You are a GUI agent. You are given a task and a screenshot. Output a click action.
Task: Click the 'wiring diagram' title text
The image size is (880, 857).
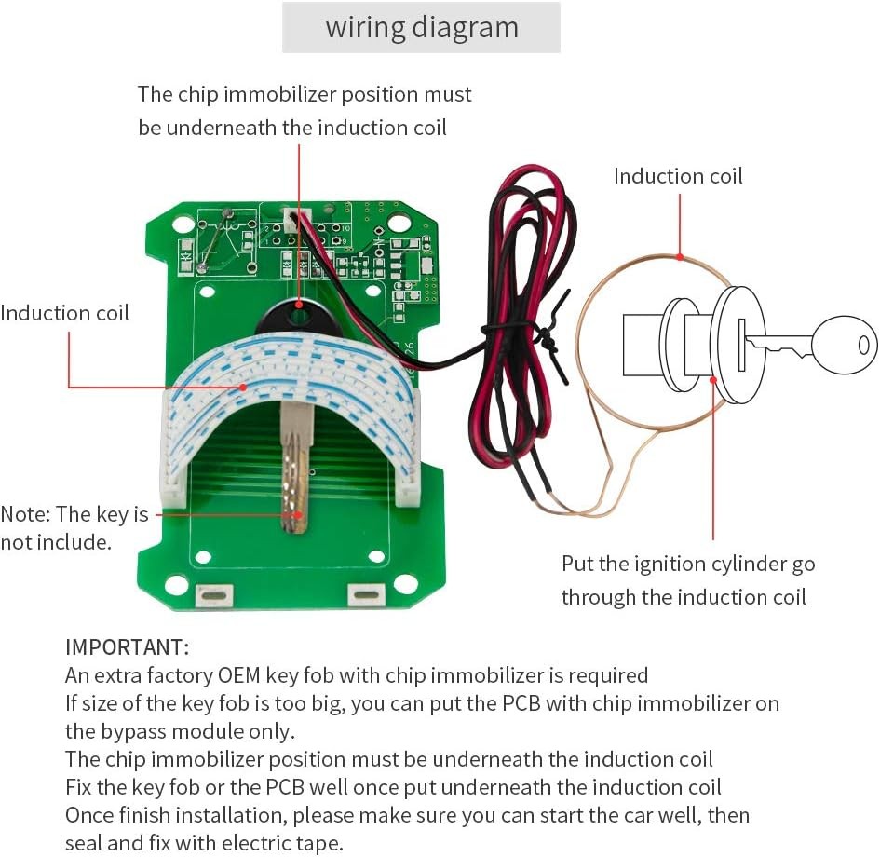pos(422,28)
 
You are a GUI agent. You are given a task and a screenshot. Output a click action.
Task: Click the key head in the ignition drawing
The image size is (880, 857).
pos(844,345)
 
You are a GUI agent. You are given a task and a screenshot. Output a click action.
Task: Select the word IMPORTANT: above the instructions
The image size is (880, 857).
pos(128,647)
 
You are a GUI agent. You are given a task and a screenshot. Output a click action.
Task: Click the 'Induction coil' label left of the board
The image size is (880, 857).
pos(64,313)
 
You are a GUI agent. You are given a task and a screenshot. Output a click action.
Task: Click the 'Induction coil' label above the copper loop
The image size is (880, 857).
pos(678,176)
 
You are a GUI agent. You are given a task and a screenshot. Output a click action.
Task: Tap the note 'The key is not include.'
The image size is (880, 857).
pos(74,528)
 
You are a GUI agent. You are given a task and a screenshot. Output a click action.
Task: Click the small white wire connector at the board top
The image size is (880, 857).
pos(292,217)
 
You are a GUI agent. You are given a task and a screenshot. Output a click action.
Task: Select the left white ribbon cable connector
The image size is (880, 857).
pos(173,488)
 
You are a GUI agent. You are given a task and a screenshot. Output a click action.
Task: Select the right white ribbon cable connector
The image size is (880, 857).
pos(408,487)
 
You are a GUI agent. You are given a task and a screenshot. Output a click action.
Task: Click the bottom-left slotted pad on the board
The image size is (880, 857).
pos(214,595)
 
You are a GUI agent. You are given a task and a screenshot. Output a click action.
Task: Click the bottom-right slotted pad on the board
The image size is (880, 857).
pos(367,595)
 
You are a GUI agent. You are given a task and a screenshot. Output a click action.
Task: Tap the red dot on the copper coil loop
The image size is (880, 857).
pos(680,257)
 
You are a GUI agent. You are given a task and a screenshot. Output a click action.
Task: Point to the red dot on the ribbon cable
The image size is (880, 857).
pos(243,387)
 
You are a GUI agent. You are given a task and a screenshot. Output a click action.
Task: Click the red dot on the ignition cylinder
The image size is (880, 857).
pos(713,380)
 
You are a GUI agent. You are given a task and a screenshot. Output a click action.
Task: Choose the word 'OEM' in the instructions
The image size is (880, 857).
pos(239,675)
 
